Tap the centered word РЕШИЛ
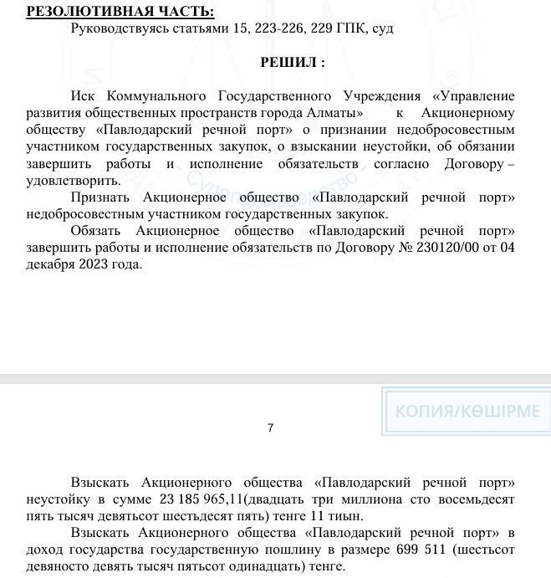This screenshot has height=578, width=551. tap(293, 62)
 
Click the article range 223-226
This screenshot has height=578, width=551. tap(268, 28)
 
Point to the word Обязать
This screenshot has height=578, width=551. tap(96, 231)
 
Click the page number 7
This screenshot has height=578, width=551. tap(270, 427)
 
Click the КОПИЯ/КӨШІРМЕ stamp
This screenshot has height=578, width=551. tap(467, 412)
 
